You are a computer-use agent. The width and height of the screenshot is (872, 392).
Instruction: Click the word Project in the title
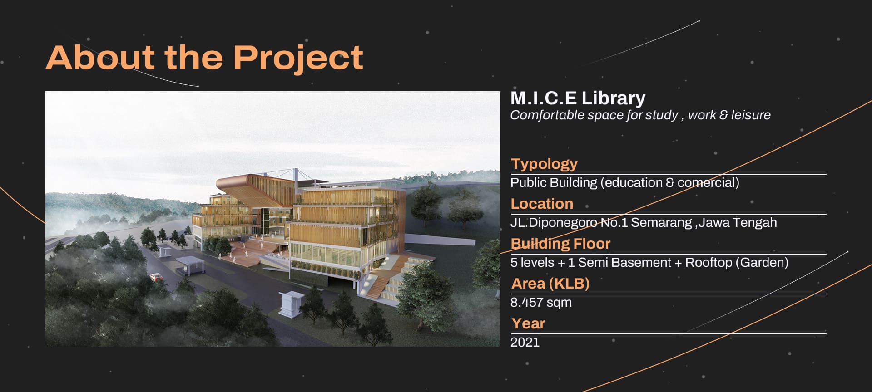click(x=298, y=58)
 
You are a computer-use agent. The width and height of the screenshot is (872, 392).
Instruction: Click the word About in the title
click(x=100, y=57)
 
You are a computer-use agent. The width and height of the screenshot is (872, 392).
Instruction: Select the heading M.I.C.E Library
click(x=578, y=98)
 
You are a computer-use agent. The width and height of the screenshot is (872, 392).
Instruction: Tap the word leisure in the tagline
click(x=750, y=115)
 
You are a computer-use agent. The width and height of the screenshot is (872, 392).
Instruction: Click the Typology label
click(x=544, y=164)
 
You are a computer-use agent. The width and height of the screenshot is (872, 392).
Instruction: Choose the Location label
click(x=542, y=203)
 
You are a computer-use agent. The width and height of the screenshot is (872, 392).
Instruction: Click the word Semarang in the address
click(x=661, y=223)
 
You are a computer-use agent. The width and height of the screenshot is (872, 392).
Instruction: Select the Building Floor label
click(x=560, y=244)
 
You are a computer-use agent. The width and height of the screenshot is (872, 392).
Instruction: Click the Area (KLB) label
click(x=550, y=284)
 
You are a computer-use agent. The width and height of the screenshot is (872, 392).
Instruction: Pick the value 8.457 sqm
click(x=541, y=303)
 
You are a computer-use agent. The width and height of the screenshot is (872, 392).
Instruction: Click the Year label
click(x=528, y=323)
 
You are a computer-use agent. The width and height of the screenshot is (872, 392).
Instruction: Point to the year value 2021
click(x=525, y=342)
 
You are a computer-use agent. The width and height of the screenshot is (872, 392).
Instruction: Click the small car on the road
click(x=156, y=276)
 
